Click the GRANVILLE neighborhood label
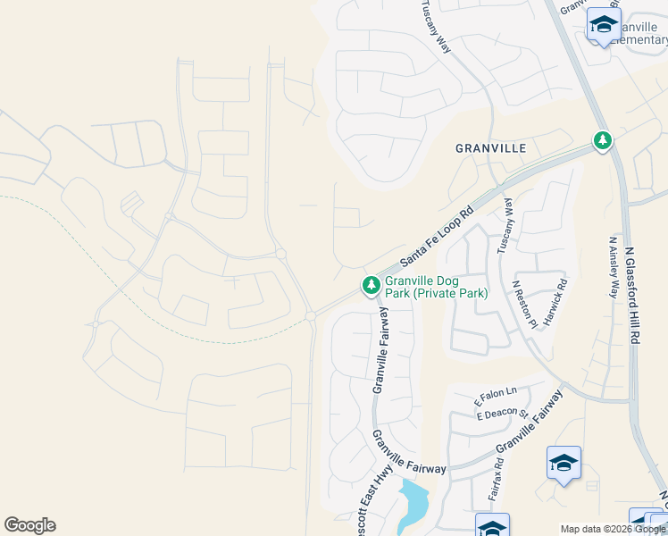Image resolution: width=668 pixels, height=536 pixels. [490, 148]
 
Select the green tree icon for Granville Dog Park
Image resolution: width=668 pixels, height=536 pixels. [371, 286]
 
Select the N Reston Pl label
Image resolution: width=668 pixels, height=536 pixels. [524, 304]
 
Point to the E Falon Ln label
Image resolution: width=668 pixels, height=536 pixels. [497, 392]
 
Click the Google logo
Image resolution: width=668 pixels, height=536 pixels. [29, 525]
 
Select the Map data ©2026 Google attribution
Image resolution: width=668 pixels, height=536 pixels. [612, 529]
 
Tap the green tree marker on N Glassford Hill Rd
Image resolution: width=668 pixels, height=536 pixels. [604, 140]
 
